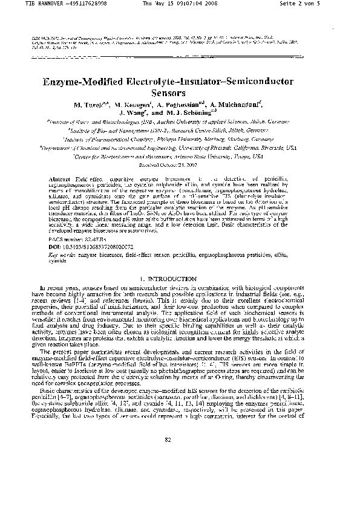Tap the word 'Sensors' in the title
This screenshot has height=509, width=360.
[180, 94]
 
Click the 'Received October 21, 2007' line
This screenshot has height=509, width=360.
[180, 164]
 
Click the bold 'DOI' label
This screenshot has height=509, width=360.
[53, 247]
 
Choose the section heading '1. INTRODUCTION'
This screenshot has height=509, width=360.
[180, 279]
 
